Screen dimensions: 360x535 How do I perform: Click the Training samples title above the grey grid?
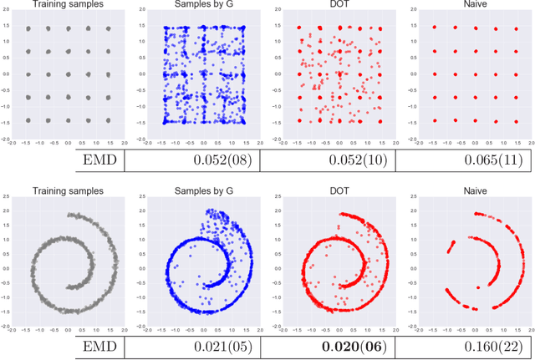(67, 7)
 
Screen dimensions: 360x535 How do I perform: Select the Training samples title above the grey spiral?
(67, 190)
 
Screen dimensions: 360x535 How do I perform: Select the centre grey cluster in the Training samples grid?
(68, 74)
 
